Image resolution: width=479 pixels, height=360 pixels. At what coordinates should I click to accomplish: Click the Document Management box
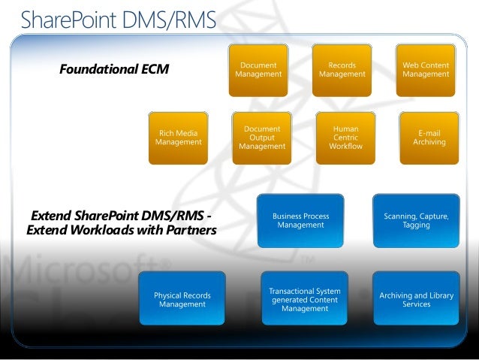[258, 70]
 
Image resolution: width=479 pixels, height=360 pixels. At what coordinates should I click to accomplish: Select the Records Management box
[342, 70]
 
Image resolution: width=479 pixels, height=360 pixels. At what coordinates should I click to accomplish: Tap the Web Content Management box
[426, 70]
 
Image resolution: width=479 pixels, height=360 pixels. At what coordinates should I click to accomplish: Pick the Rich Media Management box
[179, 138]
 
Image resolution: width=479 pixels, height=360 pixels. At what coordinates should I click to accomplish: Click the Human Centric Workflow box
[345, 138]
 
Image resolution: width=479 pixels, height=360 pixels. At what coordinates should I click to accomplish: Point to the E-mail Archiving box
[429, 138]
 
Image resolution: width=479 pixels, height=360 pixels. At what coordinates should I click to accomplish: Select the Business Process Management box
[300, 221]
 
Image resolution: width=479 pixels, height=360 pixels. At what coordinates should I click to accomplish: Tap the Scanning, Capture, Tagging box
[416, 221]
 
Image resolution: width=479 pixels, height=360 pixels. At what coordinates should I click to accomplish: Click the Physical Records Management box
[182, 300]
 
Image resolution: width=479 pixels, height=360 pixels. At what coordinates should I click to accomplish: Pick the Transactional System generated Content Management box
[305, 300]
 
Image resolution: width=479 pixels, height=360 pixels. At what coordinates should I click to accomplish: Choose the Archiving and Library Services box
[416, 300]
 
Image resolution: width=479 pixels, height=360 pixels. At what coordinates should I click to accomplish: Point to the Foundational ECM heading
[114, 70]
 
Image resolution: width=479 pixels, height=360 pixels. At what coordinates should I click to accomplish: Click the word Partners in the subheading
[189, 230]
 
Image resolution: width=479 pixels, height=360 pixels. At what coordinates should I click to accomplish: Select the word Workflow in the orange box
[345, 146]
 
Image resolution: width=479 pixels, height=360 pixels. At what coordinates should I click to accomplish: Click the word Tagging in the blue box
[416, 225]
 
